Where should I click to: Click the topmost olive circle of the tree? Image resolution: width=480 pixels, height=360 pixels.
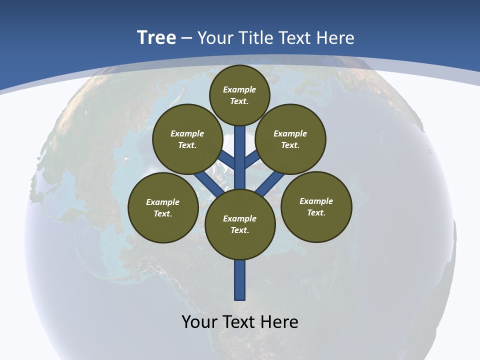tap(239, 95)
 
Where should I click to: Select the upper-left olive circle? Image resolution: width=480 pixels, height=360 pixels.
tap(187, 139)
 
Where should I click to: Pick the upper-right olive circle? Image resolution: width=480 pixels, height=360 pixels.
tap(290, 139)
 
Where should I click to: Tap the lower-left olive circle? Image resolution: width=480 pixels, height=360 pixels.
tap(163, 207)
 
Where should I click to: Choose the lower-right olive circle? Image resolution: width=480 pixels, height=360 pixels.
tap(316, 206)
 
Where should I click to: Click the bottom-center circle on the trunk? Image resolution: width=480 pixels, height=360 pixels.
tap(240, 224)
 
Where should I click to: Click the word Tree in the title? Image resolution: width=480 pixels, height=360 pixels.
tap(156, 37)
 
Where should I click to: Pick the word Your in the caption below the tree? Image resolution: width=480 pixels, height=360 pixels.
tap(199, 321)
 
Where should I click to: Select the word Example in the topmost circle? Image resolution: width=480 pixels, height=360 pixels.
tap(239, 89)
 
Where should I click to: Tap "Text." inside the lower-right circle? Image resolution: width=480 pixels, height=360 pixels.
tap(316, 212)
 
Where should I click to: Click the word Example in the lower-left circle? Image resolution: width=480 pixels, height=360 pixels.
tap(163, 202)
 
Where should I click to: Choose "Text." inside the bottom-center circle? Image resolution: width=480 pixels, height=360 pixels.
tap(240, 230)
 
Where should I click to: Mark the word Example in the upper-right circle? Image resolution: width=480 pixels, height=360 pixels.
tap(290, 133)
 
